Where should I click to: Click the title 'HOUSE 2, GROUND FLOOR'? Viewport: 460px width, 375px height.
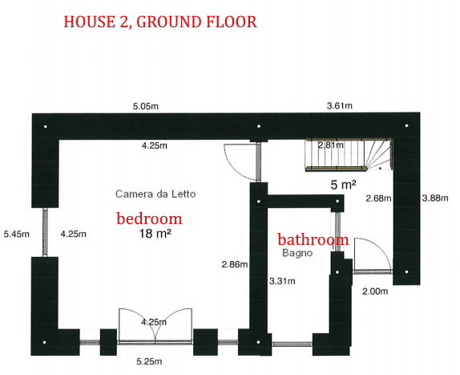click(x=160, y=22)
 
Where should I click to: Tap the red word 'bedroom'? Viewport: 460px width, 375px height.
click(x=149, y=218)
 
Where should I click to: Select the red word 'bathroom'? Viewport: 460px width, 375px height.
click(x=313, y=239)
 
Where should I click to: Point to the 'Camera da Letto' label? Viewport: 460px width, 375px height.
click(x=155, y=194)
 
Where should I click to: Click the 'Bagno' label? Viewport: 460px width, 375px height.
click(x=297, y=253)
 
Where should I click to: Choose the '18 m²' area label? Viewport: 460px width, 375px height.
click(x=155, y=234)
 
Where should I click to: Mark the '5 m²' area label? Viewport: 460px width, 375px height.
click(x=343, y=185)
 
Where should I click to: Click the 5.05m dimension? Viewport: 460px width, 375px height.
click(x=146, y=106)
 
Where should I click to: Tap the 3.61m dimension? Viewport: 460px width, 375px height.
click(x=340, y=105)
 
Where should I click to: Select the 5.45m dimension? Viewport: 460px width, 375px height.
click(x=16, y=234)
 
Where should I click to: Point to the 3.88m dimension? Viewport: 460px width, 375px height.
click(x=435, y=198)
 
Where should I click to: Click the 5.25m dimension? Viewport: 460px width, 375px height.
click(x=149, y=361)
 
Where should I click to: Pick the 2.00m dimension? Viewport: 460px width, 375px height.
click(x=375, y=291)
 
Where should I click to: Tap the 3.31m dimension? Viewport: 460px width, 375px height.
click(x=282, y=281)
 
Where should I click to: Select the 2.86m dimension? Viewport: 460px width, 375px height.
click(x=235, y=264)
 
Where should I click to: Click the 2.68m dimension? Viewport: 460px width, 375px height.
click(x=378, y=198)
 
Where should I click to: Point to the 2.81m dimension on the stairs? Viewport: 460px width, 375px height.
click(x=331, y=145)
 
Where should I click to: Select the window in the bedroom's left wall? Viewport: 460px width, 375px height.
click(x=45, y=232)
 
